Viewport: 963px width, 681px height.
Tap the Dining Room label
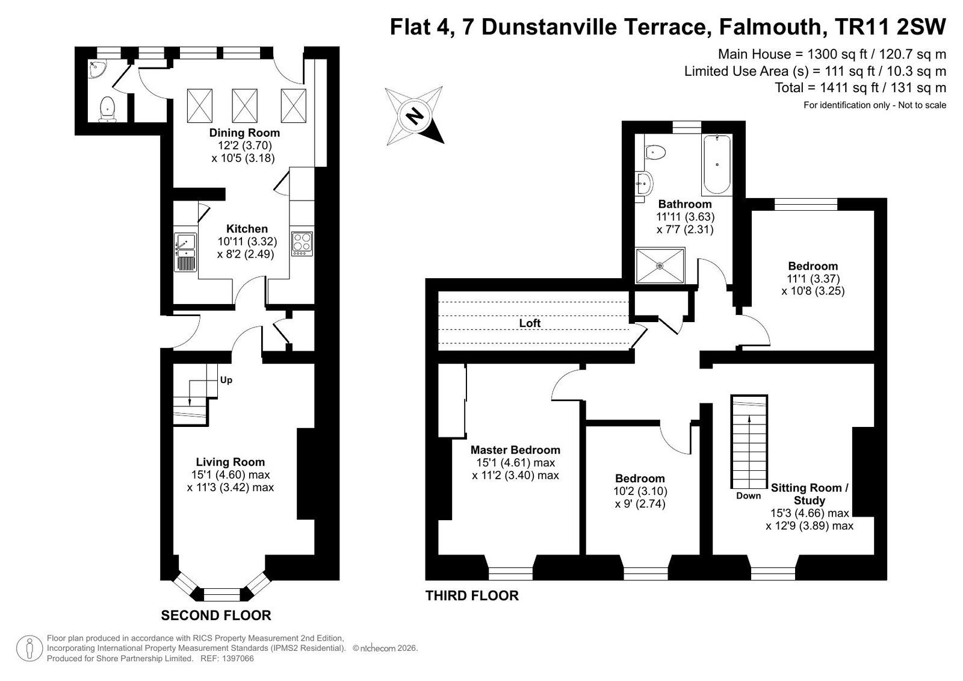pos(244,132)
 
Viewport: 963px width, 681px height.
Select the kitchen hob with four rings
pos(302,244)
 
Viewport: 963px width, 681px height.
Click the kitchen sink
pos(185,252)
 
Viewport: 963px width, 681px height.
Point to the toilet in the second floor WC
pos(107,108)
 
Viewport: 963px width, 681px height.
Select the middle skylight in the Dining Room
pos(244,106)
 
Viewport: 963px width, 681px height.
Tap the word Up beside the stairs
pos(226,380)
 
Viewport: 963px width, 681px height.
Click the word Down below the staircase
pos(748,496)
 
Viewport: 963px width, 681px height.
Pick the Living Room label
pos(231,462)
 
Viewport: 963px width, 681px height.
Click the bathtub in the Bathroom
pos(717,165)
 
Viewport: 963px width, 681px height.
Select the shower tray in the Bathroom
pos(660,266)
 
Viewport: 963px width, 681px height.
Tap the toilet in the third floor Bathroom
pos(655,151)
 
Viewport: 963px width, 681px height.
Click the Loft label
pos(530,323)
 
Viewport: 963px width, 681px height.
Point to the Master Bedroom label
pos(515,450)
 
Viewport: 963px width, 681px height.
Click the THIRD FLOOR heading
pos(472,596)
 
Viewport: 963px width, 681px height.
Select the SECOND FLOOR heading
pos(216,615)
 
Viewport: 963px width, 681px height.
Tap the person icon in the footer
pos(29,648)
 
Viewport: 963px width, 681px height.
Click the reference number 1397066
pos(238,659)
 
